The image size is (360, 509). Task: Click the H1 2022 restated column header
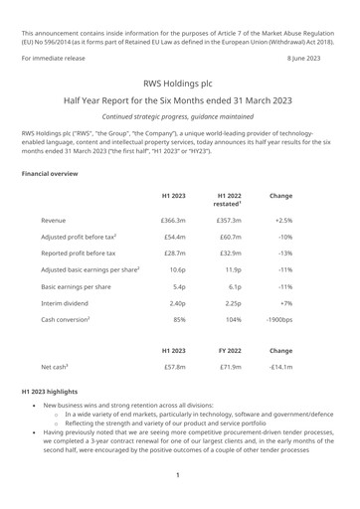tap(228, 203)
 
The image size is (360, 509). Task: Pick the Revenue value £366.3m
tap(173, 219)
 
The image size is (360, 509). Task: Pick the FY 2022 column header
tap(228, 379)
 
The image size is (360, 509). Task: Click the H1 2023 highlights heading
tap(52, 422)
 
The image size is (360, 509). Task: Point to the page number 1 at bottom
tap(177, 475)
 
